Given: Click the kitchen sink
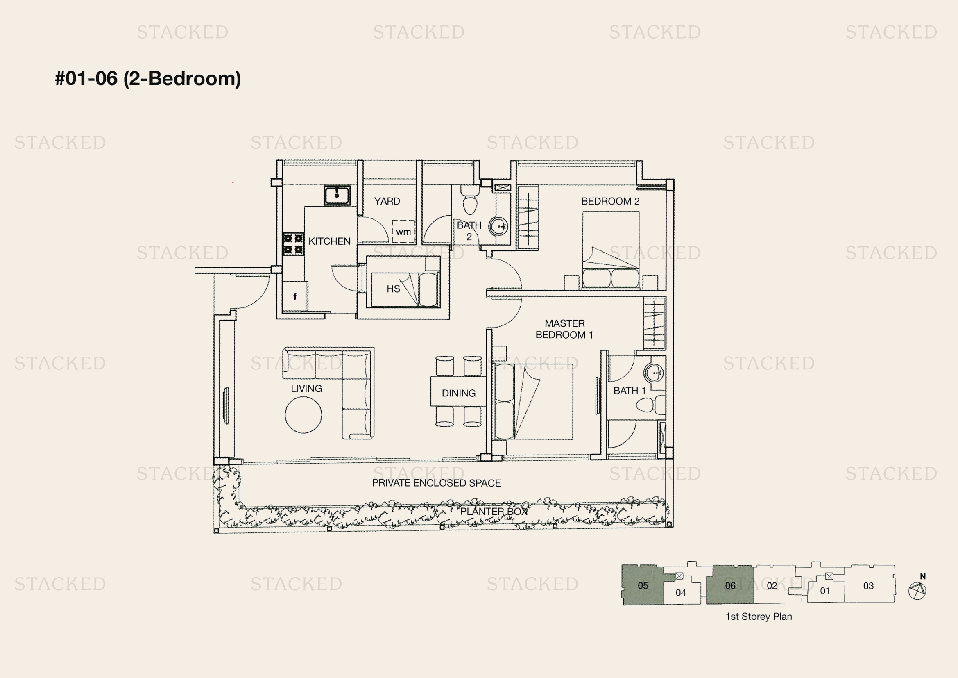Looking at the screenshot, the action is [x=337, y=196].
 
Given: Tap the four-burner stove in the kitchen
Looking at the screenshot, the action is [x=293, y=244].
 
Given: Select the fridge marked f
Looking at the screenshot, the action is [x=294, y=296].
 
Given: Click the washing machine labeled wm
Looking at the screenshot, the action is [x=403, y=232].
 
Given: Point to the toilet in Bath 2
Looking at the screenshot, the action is [x=469, y=200].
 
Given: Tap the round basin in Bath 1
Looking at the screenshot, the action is [x=654, y=372].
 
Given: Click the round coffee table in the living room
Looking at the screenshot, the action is [x=303, y=414].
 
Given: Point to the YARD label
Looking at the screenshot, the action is [x=387, y=201].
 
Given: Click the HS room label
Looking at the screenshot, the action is [x=393, y=289].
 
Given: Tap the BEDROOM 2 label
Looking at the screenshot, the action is [x=610, y=201].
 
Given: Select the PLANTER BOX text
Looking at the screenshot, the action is [x=494, y=512].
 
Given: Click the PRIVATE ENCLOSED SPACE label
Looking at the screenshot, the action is [x=436, y=483].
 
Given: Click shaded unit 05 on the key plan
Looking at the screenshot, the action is [x=643, y=585].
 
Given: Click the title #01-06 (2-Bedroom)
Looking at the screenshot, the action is [x=148, y=78].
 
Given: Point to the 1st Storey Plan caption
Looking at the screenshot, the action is [x=759, y=616].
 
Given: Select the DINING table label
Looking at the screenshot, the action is [x=459, y=393].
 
